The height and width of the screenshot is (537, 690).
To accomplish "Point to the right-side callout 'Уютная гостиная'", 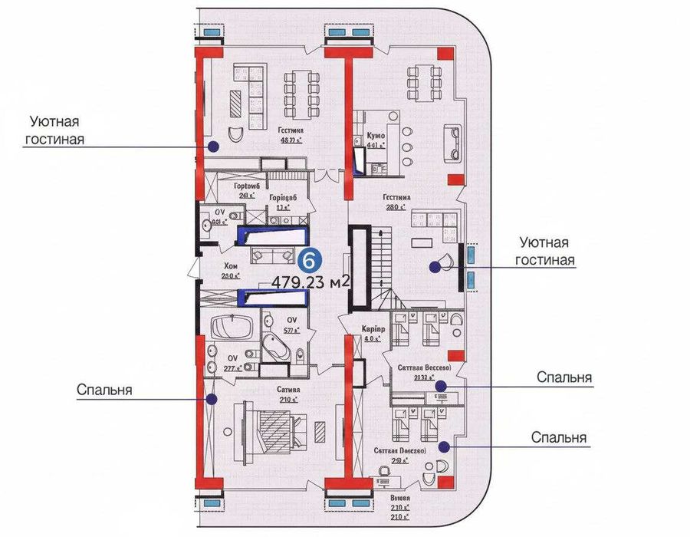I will point(545,251).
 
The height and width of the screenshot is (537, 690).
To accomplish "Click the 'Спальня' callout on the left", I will point(104,390).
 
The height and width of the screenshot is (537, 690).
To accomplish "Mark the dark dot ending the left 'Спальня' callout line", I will point(213,399).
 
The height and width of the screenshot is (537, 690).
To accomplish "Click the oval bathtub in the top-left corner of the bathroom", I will point(229,328).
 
